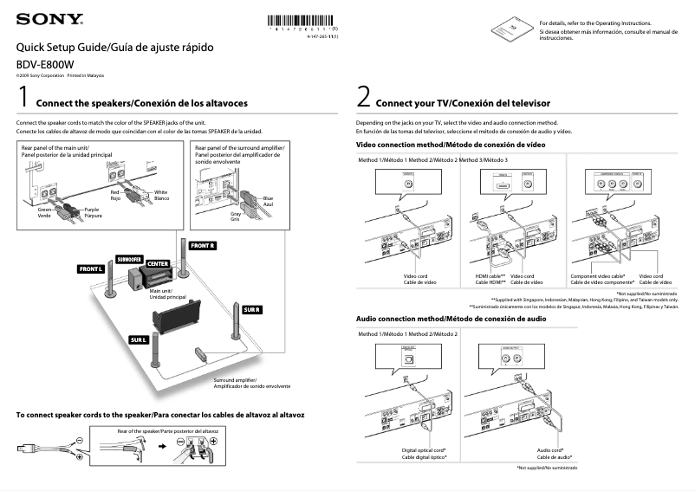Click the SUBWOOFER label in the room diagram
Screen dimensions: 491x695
pos(129,259)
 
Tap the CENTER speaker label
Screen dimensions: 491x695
pos(158,264)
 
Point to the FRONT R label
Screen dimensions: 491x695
pos(203,246)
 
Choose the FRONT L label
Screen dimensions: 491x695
pos(91,269)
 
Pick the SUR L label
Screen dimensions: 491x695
pos(140,339)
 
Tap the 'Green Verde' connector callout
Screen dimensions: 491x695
pos(44,212)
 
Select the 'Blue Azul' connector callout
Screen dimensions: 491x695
pos(268,201)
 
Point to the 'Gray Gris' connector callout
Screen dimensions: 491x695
pos(235,216)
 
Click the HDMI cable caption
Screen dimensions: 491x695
pos(490,279)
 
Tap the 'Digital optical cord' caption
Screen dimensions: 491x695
pos(424,453)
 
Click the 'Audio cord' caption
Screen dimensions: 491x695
pos(549,453)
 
